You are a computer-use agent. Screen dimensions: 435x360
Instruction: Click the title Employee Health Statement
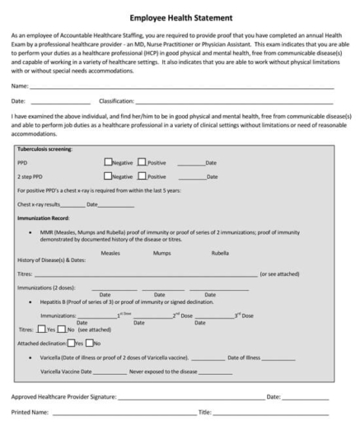(x=180, y=16)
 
